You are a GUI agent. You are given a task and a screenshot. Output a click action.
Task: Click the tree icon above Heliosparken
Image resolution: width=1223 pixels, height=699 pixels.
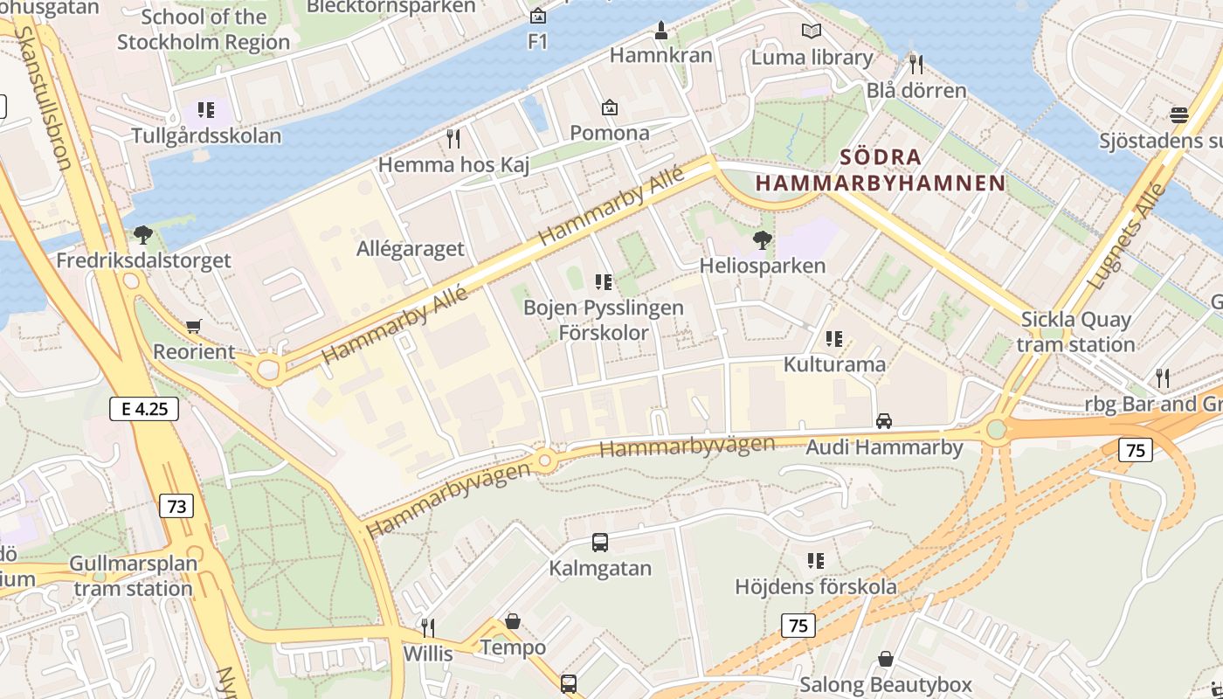pos(763,239)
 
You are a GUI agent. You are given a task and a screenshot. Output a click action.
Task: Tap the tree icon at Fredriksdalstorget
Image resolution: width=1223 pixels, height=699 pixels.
pos(143,234)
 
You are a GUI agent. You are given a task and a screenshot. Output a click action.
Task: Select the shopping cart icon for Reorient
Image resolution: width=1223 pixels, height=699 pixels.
pos(193,326)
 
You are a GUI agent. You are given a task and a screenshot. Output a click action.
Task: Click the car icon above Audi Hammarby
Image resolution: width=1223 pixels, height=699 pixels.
pos(884,421)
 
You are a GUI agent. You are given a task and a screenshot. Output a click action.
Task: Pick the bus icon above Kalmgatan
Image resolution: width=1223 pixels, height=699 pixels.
pos(600,542)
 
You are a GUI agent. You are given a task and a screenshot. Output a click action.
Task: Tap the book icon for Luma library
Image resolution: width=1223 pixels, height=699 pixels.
pos(812,31)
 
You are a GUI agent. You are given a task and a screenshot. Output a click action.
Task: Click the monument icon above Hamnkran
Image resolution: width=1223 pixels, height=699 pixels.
pos(661,30)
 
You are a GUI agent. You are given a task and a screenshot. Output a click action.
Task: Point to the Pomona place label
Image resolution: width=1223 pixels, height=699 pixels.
pos(610,133)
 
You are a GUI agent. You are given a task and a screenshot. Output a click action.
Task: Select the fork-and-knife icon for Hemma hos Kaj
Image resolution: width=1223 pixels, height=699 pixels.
pos(453,138)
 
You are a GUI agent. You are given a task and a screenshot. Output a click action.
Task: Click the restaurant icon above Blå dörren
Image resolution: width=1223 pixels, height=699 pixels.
pos(916,64)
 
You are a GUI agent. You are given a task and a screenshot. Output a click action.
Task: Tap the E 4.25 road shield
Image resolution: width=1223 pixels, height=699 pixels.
pos(144,408)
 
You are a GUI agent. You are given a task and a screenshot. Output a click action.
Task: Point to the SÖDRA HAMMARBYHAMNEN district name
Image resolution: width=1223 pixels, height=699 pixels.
pos(881,170)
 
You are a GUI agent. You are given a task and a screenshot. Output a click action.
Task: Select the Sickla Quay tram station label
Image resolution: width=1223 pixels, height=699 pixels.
pos(1075,332)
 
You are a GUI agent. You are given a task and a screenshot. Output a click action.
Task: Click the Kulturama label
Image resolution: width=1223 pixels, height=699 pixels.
pos(834,363)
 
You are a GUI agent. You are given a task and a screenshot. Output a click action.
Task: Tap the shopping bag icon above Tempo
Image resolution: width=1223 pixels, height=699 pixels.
pos(513,621)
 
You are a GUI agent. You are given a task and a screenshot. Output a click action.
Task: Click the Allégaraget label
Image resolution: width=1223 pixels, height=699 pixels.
pos(411,248)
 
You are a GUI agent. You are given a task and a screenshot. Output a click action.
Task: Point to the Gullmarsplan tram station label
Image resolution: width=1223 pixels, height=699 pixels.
pos(133,576)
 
